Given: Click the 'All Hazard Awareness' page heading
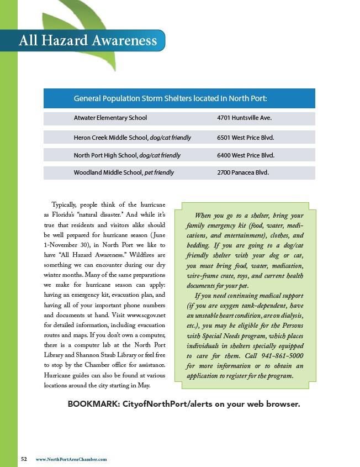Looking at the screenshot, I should point(88,40).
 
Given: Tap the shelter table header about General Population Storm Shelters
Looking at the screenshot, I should point(170,98).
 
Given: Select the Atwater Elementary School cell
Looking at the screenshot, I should point(110,118).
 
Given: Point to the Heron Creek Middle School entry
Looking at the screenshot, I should point(110,137).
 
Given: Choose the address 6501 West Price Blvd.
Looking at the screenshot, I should point(246,137).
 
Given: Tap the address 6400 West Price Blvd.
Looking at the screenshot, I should point(246,155).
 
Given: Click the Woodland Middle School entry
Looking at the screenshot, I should point(108,172).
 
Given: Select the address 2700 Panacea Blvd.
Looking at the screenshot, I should point(243,172).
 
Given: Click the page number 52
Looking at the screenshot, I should point(24,459).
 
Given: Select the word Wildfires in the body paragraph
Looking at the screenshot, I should point(140,255).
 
